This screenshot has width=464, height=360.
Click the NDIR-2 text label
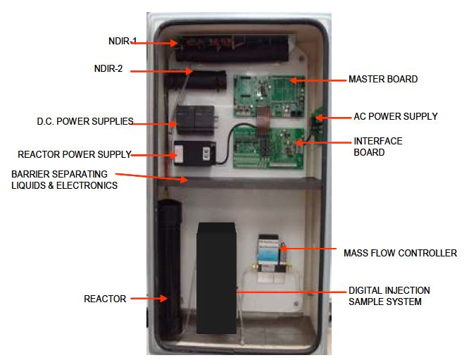pos(108,69)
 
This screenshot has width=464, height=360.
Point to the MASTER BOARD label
pos(382,80)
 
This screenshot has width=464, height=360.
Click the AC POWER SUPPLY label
pos(395,116)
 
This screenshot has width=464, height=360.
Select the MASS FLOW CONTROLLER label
pos(400,252)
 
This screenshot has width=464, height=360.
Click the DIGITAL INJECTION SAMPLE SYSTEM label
pos(389,296)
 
